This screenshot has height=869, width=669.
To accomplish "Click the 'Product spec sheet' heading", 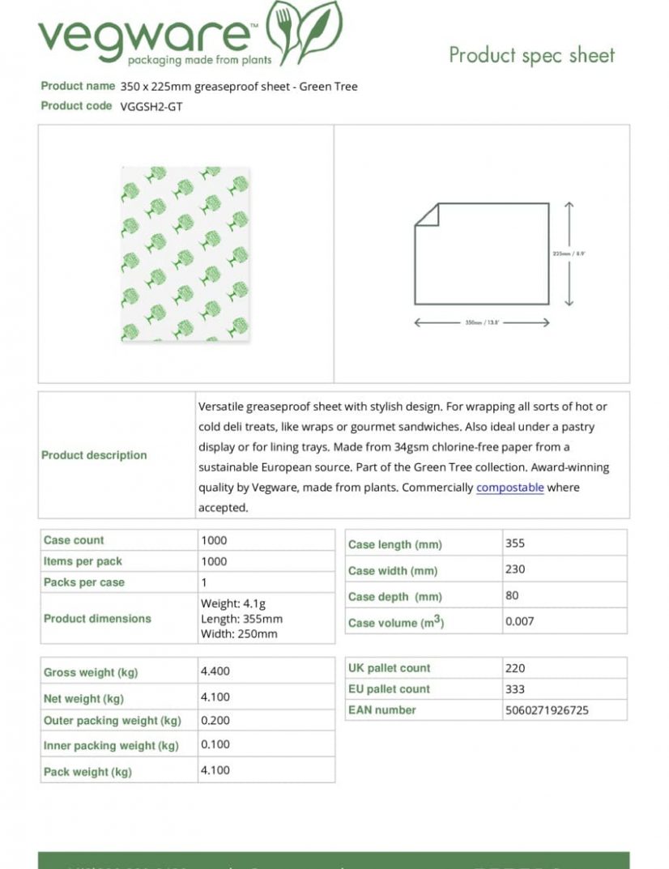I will [x=531, y=55].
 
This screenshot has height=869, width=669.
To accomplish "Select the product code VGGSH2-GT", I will [x=151, y=106].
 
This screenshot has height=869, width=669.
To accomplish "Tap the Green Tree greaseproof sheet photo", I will [x=185, y=253].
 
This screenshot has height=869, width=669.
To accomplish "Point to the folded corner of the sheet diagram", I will [x=427, y=214].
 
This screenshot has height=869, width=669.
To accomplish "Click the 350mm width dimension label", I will [x=481, y=323].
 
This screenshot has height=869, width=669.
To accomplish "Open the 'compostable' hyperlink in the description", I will [x=509, y=488].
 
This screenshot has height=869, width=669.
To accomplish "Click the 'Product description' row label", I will [x=94, y=455].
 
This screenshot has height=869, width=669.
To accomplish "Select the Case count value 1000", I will [x=214, y=540].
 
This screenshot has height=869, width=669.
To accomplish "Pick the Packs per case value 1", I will [x=204, y=582].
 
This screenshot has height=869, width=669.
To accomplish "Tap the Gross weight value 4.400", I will [x=215, y=671].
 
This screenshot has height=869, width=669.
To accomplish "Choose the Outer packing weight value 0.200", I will [x=215, y=720].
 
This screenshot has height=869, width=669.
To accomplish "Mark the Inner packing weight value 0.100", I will [x=215, y=744].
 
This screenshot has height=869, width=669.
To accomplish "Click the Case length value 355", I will [x=515, y=543].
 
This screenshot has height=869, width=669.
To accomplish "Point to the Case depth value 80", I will [x=512, y=595].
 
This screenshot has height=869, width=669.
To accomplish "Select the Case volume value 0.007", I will [x=519, y=622].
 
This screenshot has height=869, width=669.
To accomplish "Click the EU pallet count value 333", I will [x=515, y=689].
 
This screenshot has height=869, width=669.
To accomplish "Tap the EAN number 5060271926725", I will [x=547, y=710].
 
